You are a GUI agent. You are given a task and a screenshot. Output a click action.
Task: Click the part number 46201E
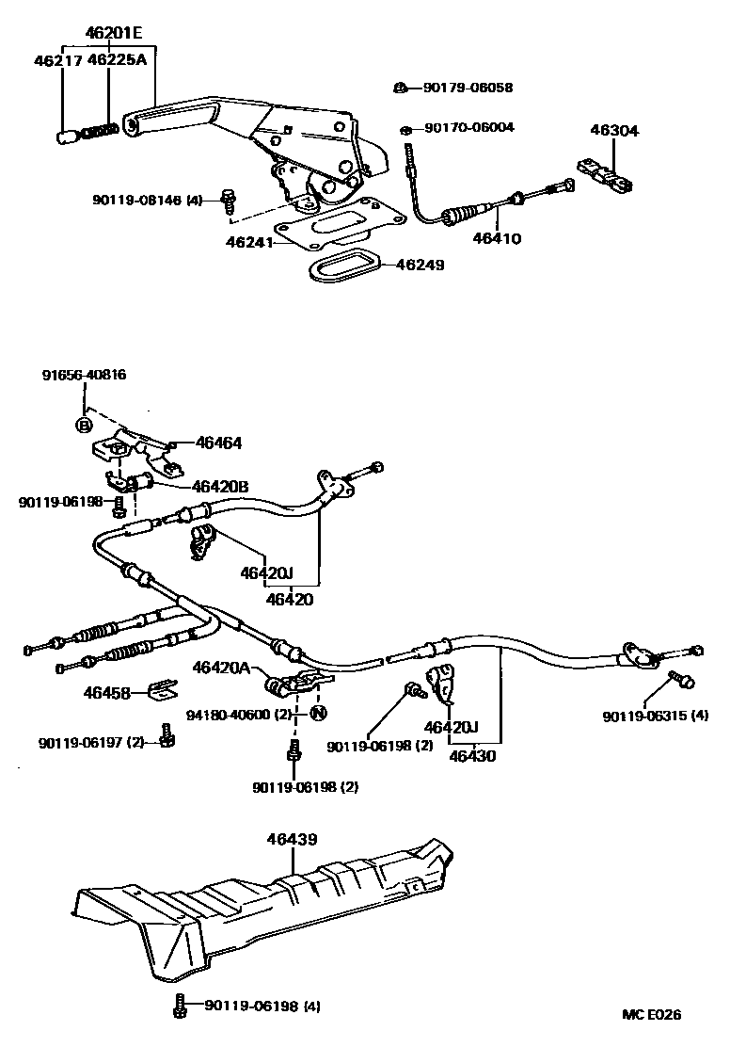click(x=113, y=34)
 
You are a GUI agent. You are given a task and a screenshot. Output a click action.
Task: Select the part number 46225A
click(x=117, y=63)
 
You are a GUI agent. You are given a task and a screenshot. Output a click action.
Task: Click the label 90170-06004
click(x=468, y=127)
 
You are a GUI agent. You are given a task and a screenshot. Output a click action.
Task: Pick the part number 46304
click(x=613, y=131)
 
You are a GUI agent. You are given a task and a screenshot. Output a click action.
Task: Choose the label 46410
click(x=496, y=238)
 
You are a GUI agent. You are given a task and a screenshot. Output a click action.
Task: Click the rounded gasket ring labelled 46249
click(x=344, y=265)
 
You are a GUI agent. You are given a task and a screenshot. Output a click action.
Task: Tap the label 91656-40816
click(x=84, y=375)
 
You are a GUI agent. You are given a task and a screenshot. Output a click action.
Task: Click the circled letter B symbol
click(x=84, y=425)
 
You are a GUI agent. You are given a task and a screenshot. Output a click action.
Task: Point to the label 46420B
click(x=220, y=487)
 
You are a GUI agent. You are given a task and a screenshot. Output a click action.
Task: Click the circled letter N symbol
click(x=318, y=713)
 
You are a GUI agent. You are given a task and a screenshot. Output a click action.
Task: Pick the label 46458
click(x=107, y=692)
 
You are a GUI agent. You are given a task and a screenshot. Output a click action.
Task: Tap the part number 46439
click(x=292, y=839)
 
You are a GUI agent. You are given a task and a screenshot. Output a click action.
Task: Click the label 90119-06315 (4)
click(x=656, y=717)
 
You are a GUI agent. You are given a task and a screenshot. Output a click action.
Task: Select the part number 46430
click(x=473, y=755)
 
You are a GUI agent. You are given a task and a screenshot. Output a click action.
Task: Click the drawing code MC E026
click(x=651, y=1015)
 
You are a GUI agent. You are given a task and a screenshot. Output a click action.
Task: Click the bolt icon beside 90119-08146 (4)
click(x=227, y=198)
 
